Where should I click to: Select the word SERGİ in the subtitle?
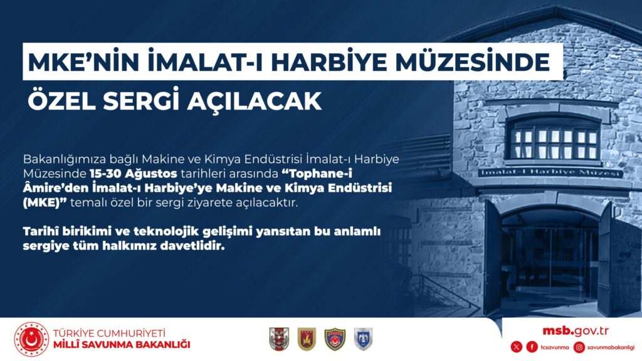pos(141,100)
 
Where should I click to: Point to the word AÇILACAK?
pos(255,101)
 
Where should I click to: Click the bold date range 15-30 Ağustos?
pos(133,174)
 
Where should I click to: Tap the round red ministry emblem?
pos(31,339)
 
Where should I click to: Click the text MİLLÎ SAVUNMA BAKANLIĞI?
pos(122,345)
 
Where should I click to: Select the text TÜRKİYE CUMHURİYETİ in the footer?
pos(109,333)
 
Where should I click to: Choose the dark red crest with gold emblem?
pos(306,339)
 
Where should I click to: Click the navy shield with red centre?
pos(335,339)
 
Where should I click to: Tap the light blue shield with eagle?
pos(363,339)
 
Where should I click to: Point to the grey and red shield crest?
pos(279,339)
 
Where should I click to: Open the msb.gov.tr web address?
pos(576,331)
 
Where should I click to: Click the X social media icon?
pos(517,347)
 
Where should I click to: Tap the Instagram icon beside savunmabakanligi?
pos(579,347)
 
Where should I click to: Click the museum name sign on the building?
pos(550,173)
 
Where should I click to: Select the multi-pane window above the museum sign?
pos(553,140)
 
